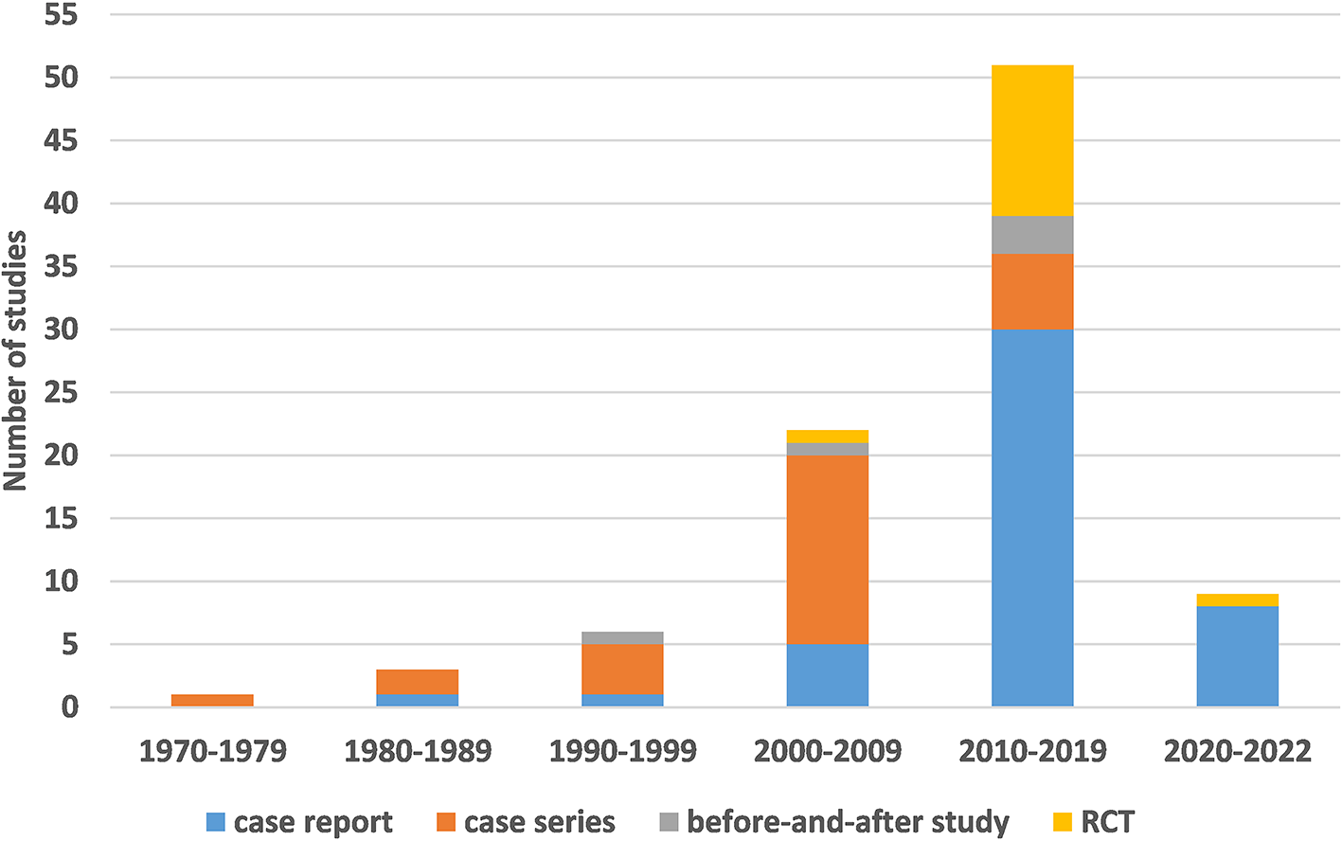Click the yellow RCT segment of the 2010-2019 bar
[1032, 140]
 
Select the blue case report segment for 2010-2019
[1032, 517]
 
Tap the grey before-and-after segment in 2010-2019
[1032, 234]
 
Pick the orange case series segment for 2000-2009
[827, 549]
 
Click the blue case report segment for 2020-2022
[1237, 656]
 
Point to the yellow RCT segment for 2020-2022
[1237, 600]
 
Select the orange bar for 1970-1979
[212, 701]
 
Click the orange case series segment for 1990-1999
[622, 670]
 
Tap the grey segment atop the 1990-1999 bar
[622, 637]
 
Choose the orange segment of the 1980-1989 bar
[418, 682]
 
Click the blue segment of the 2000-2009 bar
[827, 675]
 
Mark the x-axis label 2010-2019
[1032, 751]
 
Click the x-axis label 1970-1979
[212, 751]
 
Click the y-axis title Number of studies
[15, 360]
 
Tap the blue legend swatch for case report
[216, 822]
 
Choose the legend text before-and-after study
[848, 822]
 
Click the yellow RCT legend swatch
[1063, 822]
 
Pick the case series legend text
[539, 822]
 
